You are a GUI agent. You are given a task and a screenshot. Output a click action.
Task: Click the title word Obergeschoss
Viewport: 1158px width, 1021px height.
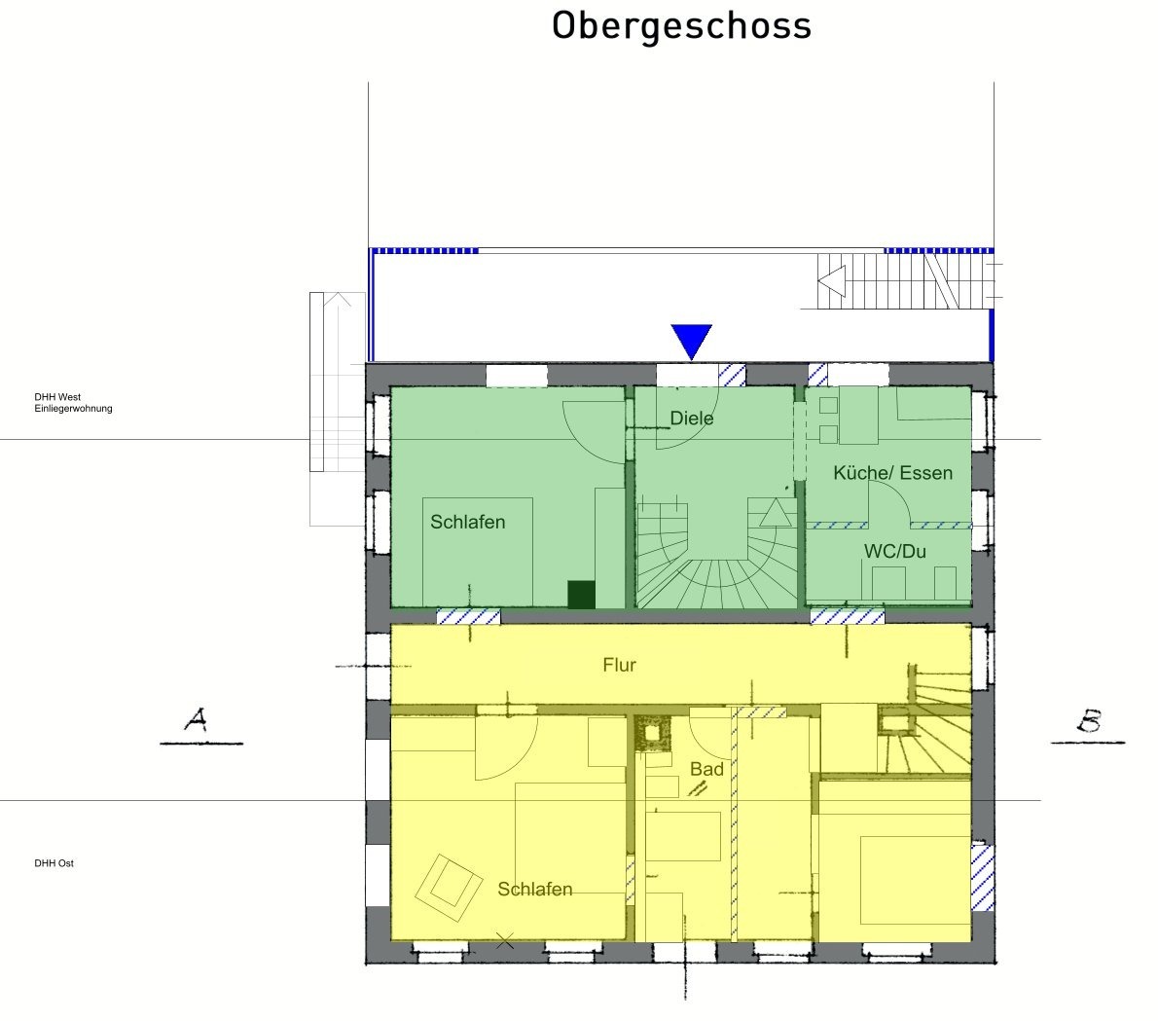pos(681,26)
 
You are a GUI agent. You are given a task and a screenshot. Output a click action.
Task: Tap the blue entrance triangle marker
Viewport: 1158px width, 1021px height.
pos(691,341)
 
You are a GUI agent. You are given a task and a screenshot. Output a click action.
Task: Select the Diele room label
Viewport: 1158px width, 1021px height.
pos(692,419)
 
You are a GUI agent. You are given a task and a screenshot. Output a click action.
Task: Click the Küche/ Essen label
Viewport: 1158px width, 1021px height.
pos(893,473)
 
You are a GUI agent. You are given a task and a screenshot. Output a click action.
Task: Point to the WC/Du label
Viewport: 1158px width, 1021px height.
pos(895,551)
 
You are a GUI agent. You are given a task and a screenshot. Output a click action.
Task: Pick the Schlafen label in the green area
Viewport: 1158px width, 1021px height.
pos(467,522)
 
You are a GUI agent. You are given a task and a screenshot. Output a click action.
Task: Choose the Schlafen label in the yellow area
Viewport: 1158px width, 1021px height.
pos(534,889)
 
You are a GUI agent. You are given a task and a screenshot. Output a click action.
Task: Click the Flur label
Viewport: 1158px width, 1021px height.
pos(619,665)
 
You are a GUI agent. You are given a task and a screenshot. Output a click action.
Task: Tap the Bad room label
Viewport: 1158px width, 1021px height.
pos(706,769)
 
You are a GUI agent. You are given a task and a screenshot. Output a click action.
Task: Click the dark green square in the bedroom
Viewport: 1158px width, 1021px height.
pos(581,595)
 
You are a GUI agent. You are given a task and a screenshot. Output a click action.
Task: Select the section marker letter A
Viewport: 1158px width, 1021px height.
pos(196,719)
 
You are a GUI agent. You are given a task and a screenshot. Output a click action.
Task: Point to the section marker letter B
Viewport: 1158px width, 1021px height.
pos(1090,720)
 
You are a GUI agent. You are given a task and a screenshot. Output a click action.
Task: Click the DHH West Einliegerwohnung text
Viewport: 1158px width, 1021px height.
pos(73,403)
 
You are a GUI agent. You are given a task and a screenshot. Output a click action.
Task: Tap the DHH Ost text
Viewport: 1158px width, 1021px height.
pos(54,863)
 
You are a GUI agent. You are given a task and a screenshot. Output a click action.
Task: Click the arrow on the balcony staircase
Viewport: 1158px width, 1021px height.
pos(832,281)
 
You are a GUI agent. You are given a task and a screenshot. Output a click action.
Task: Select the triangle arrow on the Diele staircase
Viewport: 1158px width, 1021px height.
pos(776,513)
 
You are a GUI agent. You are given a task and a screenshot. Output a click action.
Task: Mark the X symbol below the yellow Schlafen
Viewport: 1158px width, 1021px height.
pos(504,940)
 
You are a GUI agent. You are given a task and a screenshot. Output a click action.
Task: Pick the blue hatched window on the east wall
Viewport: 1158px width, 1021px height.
pos(982,877)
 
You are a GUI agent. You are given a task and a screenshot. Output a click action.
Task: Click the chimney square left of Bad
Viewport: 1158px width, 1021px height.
pos(653,733)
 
